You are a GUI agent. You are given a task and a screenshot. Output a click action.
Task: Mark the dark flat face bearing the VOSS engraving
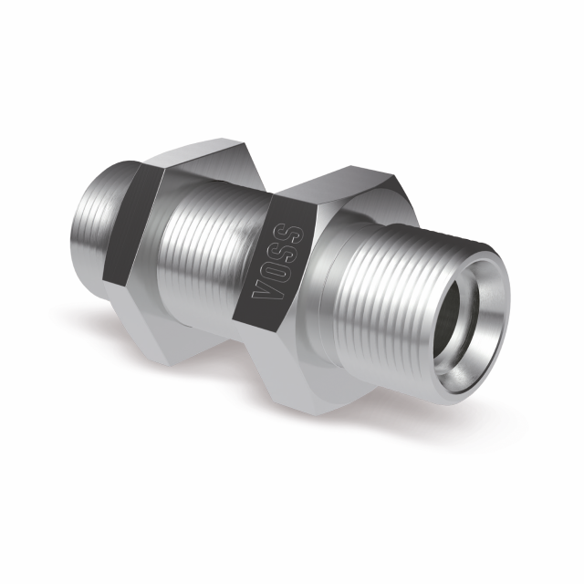pyautogui.click(x=274, y=265)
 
